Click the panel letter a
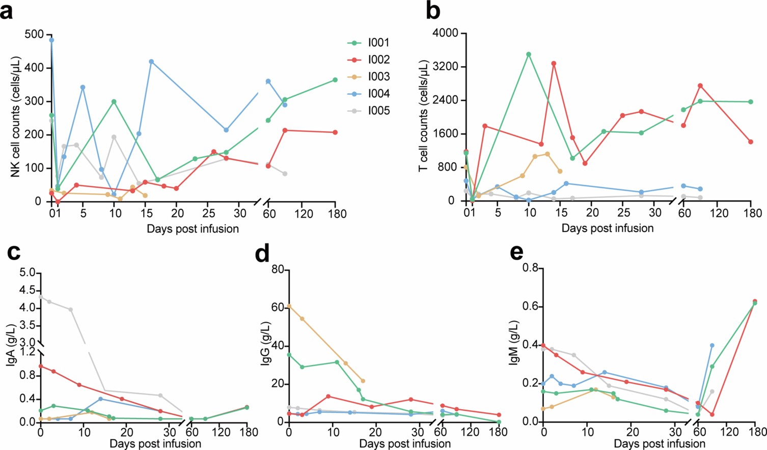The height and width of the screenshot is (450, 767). (x=7, y=11)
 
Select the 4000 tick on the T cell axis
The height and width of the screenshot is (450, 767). (x=445, y=33)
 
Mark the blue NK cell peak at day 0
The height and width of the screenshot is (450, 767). (x=51, y=40)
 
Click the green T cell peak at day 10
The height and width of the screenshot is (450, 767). (x=529, y=54)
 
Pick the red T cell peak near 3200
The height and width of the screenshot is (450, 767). (x=554, y=64)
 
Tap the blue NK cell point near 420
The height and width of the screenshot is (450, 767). (x=151, y=62)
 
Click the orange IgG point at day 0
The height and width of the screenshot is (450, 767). (x=289, y=306)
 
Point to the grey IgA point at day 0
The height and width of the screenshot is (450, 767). (x=40, y=296)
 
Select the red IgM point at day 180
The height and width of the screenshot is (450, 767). (x=755, y=301)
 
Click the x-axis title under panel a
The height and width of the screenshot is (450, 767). (x=193, y=229)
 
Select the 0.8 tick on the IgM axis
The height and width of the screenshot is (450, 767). (x=531, y=268)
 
